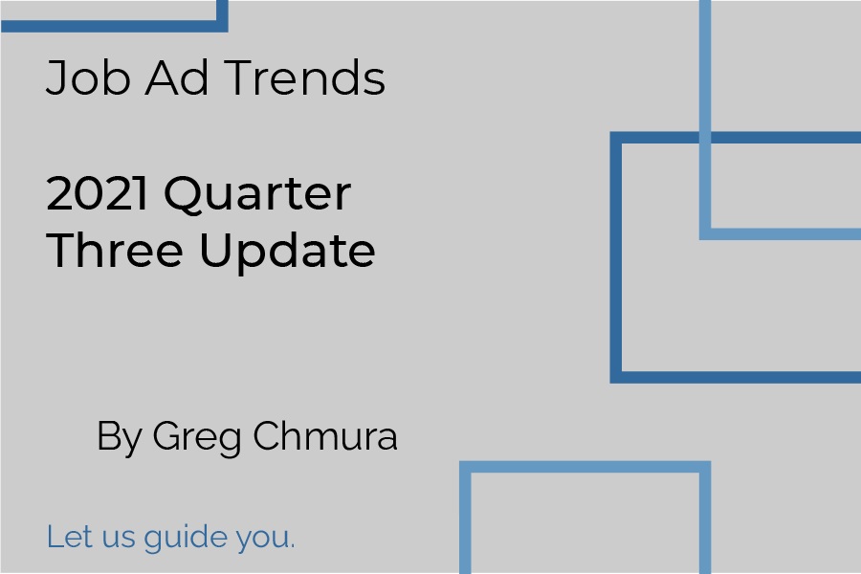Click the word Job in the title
click(88, 77)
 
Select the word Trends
click(305, 77)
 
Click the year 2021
click(97, 193)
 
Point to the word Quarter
click(257, 195)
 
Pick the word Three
click(115, 250)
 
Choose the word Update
click(288, 253)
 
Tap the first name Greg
click(197, 438)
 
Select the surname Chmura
click(325, 435)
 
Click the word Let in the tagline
click(69, 536)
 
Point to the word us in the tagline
click(119, 540)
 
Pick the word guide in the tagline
click(185, 539)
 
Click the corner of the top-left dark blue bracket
click(222, 27)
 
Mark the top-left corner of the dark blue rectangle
click(616, 138)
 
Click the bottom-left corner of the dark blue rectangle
click(616, 377)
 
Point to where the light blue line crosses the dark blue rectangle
click(705, 138)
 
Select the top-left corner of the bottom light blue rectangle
click(465, 467)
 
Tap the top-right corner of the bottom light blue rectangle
click(705, 467)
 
